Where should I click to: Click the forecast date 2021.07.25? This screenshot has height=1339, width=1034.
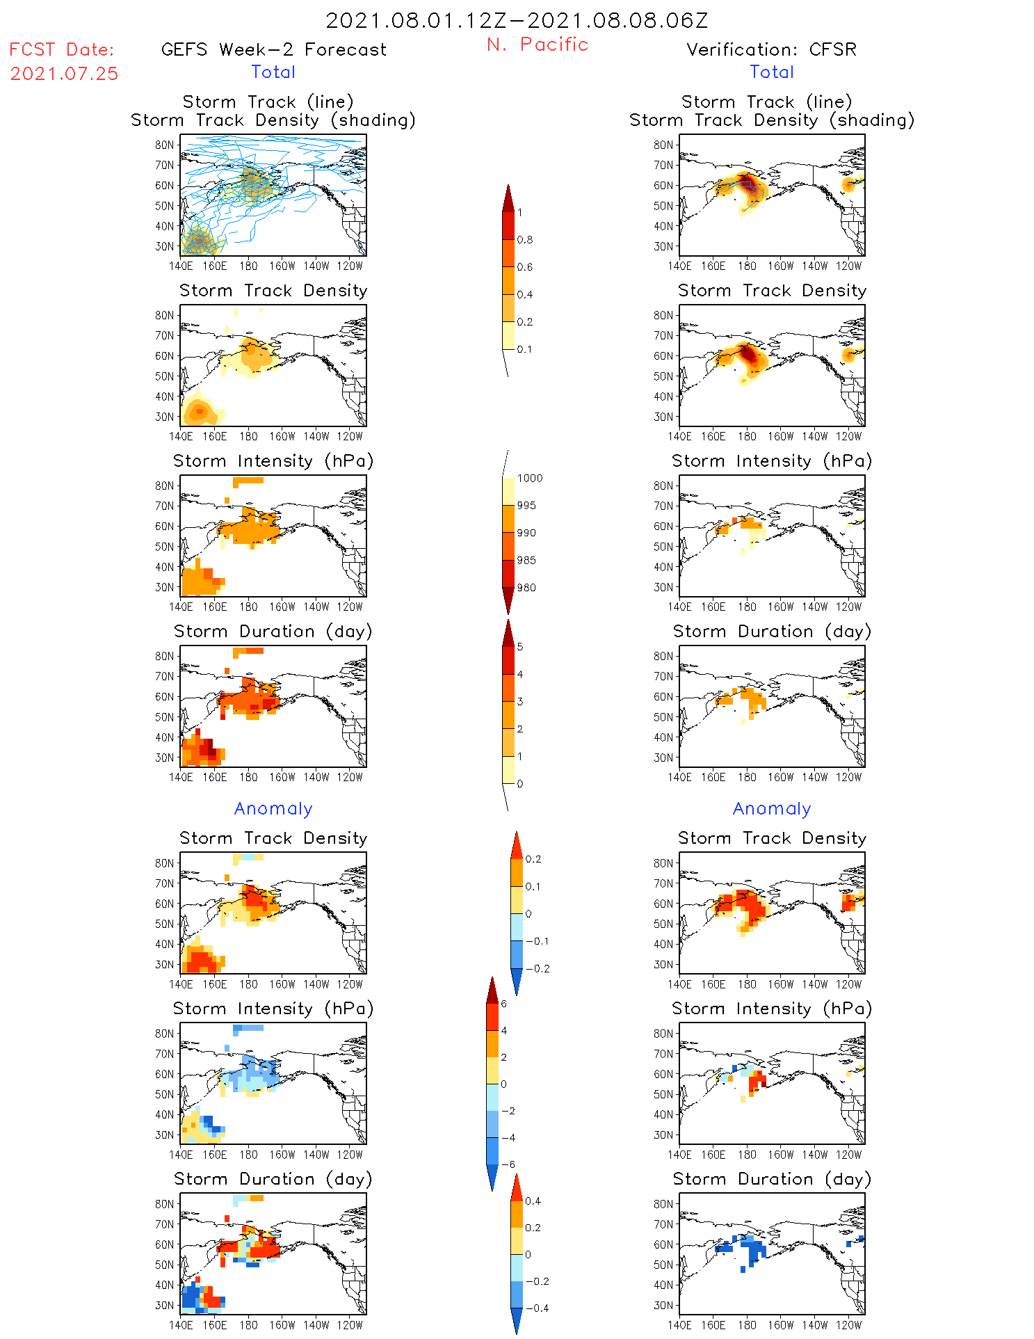click(x=64, y=74)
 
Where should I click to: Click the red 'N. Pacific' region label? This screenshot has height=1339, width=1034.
click(x=538, y=45)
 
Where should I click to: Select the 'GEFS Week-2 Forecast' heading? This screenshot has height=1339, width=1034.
click(x=273, y=50)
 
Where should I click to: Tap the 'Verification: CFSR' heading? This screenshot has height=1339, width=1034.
click(x=771, y=50)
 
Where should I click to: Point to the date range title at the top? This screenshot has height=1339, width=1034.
click(x=517, y=20)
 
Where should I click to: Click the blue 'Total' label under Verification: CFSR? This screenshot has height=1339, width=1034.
click(x=771, y=72)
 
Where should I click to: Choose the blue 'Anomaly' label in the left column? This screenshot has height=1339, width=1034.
click(x=273, y=809)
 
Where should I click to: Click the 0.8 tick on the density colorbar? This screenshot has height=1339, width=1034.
click(x=525, y=240)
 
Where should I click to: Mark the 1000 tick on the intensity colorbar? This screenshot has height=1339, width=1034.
click(x=529, y=479)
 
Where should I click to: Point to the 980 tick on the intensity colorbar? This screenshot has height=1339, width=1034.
click(x=526, y=588)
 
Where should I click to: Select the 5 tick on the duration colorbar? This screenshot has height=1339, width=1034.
click(x=520, y=647)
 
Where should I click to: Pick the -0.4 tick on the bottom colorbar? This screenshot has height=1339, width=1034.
click(x=536, y=1308)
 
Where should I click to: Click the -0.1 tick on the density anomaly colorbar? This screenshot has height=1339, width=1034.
click(x=537, y=941)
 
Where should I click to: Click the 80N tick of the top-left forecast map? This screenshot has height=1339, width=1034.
click(x=164, y=145)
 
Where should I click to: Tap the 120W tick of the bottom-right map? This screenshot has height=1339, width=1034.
click(x=848, y=1325)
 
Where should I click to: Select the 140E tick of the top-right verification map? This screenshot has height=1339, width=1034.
click(x=679, y=266)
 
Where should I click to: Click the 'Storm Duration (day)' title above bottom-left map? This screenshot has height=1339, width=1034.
click(x=273, y=1179)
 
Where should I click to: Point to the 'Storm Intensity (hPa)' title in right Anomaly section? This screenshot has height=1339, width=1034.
click(x=771, y=1009)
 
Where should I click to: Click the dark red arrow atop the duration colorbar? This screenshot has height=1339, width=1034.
click(x=508, y=632)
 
